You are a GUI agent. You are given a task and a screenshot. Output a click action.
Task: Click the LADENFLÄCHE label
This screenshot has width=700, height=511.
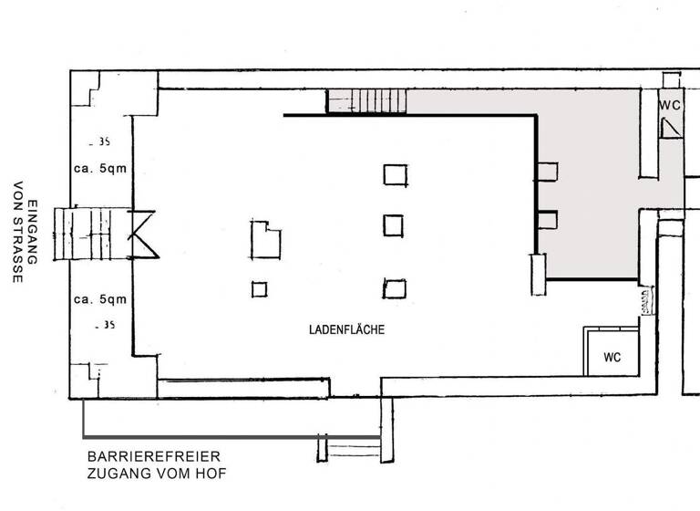(346, 329)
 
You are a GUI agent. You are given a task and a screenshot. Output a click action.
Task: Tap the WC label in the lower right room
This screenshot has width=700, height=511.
(612, 358)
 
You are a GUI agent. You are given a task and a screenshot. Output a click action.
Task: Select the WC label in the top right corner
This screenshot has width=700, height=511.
(670, 106)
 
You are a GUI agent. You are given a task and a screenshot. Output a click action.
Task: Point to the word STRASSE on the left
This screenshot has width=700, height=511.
(16, 249)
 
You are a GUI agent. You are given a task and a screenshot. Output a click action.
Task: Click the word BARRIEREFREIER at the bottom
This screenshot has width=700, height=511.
(153, 456)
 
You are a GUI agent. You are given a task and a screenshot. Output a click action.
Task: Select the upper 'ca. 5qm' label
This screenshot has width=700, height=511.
(100, 169)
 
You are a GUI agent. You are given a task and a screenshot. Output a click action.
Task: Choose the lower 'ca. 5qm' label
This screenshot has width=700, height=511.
(100, 299)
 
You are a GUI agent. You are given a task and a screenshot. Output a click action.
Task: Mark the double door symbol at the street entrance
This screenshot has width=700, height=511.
(142, 234)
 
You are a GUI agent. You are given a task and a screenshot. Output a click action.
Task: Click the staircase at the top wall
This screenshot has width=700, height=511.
(365, 100)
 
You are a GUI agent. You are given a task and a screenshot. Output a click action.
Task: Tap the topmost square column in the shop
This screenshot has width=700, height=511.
(395, 173)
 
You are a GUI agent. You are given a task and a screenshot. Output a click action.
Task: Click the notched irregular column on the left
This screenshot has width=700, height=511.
(266, 238)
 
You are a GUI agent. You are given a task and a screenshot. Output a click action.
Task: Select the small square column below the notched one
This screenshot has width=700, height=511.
(260, 290)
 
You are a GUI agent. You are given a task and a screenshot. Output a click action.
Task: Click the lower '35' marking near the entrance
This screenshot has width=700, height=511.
(105, 325)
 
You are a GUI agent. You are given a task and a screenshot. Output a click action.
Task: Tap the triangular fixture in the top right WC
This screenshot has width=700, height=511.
(670, 128)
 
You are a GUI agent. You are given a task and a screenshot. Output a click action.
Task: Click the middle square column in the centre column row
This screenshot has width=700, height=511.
(394, 224)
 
